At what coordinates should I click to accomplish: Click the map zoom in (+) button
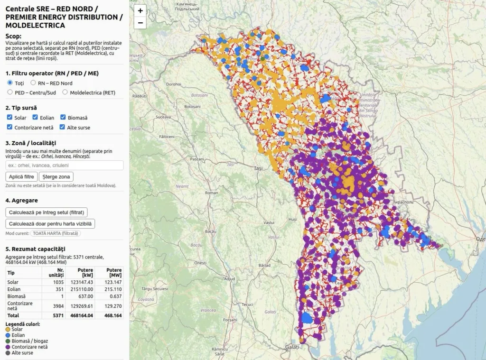[x=140, y=10]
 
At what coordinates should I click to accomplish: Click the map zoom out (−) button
[x=140, y=22]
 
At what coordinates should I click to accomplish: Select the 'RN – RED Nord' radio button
[x=33, y=83]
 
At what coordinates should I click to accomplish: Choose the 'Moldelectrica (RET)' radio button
[x=65, y=92]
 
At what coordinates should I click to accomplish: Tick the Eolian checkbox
[x=35, y=117]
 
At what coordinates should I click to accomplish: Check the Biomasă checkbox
[x=63, y=117]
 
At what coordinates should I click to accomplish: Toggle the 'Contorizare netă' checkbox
[x=9, y=127]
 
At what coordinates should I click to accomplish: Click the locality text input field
[x=65, y=165]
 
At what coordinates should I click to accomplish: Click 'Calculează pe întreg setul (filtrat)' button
[x=47, y=212]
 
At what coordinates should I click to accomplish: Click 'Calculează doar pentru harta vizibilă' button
[x=50, y=223]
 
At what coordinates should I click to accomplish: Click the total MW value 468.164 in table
[x=113, y=315]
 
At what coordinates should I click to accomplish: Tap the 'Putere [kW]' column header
[x=86, y=273]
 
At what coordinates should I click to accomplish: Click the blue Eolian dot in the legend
[x=8, y=335]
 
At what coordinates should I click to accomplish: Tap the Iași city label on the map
[x=258, y=168]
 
